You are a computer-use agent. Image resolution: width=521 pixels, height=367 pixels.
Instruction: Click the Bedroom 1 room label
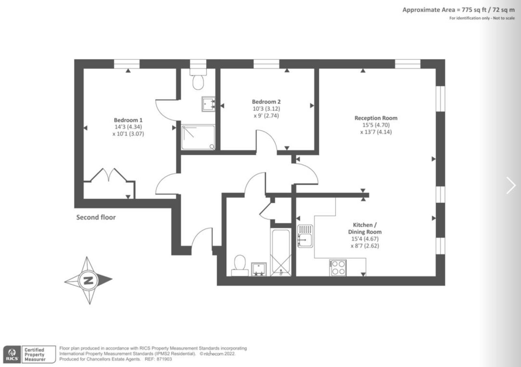(x=128, y=120)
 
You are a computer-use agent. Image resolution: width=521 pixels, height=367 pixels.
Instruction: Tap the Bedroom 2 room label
(x=266, y=102)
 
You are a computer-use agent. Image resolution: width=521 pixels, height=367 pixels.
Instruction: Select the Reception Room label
(x=376, y=118)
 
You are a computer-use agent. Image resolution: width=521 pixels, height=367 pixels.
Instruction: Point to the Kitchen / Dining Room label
(x=365, y=228)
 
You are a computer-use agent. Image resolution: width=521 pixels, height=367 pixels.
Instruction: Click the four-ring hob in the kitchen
(x=338, y=268)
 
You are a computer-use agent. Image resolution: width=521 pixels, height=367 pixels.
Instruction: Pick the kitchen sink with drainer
(x=305, y=236)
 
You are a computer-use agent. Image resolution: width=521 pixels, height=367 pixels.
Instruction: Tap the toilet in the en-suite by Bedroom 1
(x=198, y=79)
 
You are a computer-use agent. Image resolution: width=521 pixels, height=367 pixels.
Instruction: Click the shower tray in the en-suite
(x=198, y=137)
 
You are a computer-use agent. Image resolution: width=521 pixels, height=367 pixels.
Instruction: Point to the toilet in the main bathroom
(x=240, y=266)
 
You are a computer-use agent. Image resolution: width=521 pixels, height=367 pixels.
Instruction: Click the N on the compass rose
(x=88, y=280)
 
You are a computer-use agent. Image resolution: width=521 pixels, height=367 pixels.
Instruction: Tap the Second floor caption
(x=96, y=217)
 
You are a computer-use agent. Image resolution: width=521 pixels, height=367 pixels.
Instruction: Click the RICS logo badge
(x=12, y=354)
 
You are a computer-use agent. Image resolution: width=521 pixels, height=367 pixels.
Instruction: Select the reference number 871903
(x=164, y=359)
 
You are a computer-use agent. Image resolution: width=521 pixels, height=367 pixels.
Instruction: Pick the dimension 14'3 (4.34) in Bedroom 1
(x=128, y=127)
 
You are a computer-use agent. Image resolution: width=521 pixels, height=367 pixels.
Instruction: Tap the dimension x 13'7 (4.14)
(x=376, y=132)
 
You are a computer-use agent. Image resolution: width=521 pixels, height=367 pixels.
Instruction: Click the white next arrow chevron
(x=511, y=185)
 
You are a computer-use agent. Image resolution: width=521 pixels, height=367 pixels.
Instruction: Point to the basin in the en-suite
(x=208, y=104)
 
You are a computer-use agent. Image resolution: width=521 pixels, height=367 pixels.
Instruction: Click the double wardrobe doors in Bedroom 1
(x=109, y=175)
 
